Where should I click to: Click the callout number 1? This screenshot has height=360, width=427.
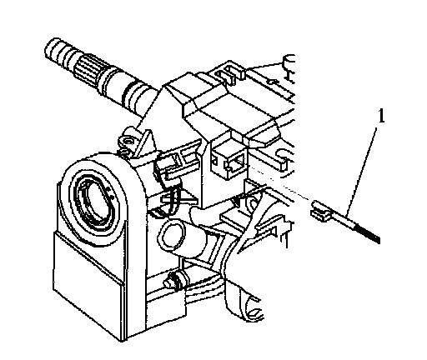[382, 116]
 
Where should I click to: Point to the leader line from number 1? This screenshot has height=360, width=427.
[362, 172]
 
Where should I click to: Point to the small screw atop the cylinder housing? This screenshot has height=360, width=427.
[128, 142]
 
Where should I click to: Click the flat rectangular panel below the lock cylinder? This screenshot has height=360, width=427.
[88, 272]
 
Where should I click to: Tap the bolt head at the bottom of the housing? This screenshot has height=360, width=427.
[173, 281]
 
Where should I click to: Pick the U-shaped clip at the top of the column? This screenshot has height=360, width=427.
[229, 73]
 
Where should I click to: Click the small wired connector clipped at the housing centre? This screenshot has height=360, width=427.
[168, 169]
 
